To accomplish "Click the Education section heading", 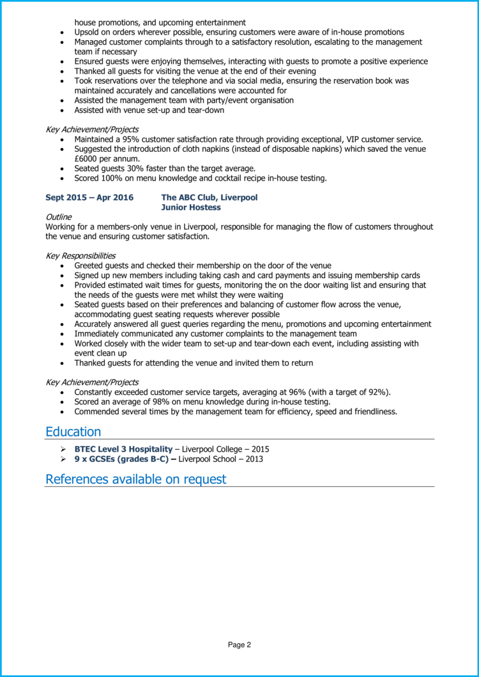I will [73, 432].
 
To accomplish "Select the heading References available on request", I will [135, 479].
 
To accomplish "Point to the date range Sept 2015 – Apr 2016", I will [89, 198].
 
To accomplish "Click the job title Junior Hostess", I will [191, 207].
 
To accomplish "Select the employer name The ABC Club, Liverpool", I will [209, 198].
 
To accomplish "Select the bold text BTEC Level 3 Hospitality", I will [123, 449].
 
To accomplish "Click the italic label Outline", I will [59, 217].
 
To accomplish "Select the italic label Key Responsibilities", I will [80, 256].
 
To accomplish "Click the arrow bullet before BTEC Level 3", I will [63, 449].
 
